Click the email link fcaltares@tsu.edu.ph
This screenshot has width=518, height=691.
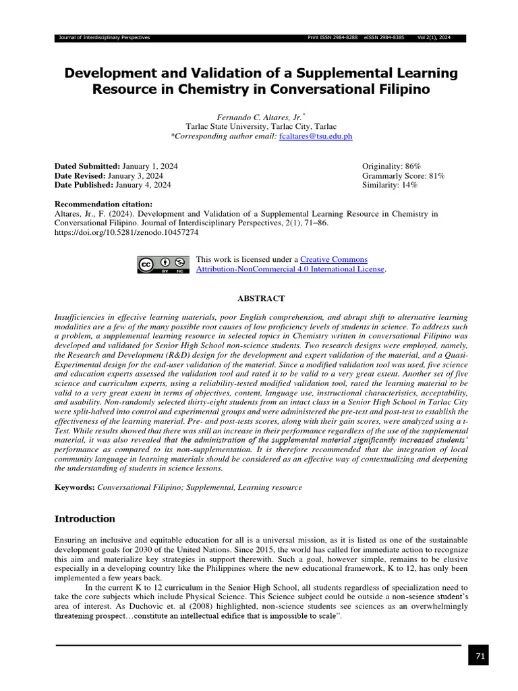(315, 136)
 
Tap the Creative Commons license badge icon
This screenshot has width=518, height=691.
(162, 265)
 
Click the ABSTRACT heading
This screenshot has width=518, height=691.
(261, 298)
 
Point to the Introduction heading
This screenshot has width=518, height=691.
(84, 519)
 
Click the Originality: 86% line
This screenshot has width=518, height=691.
(391, 166)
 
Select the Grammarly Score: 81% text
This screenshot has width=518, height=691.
(403, 175)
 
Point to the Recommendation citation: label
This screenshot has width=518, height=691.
(103, 204)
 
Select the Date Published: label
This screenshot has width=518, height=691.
(84, 185)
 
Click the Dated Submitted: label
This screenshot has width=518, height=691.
(87, 166)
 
